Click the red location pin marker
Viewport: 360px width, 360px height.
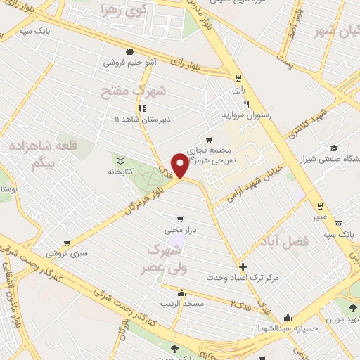pos(181,165)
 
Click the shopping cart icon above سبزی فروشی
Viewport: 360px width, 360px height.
pos(66,243)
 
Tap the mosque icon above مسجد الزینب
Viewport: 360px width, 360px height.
pos(182,293)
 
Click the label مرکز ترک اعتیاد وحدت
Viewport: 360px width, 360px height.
pos(243,278)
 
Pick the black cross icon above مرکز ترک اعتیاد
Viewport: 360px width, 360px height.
pos(243,266)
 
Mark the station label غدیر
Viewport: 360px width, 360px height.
pos(320,216)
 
